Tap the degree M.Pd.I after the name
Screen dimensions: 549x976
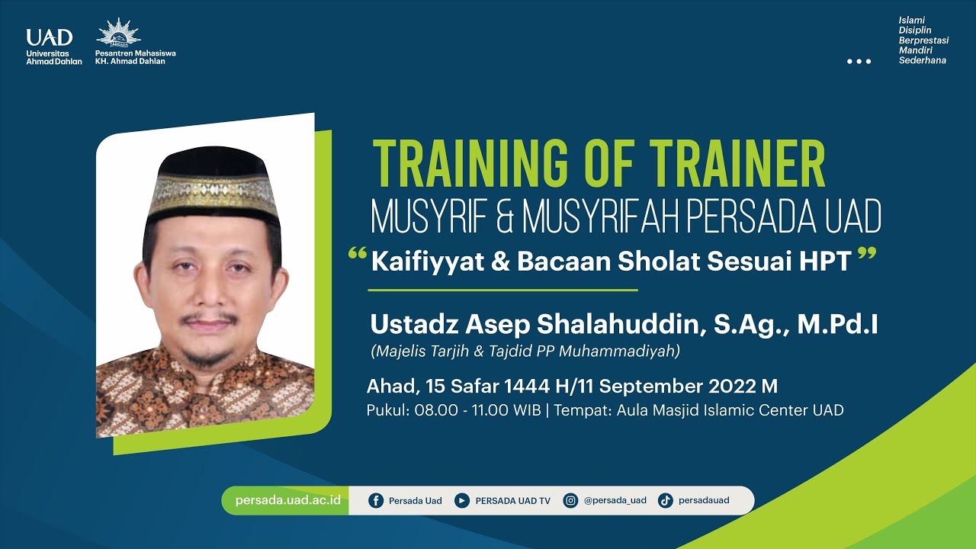click(x=837, y=324)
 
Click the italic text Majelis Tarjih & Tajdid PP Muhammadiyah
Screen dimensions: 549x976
click(x=525, y=352)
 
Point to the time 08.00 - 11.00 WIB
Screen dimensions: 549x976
click(x=477, y=410)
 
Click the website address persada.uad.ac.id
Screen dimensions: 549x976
click(x=287, y=501)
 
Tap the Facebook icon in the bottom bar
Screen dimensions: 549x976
click(x=376, y=501)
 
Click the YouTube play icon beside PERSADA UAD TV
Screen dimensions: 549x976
click(x=461, y=501)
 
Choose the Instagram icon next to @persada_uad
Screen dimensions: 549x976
click(x=570, y=501)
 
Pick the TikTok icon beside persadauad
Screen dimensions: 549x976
click(x=665, y=501)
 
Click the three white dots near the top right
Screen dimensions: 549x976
click(x=859, y=61)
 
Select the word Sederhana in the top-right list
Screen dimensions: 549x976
click(x=923, y=60)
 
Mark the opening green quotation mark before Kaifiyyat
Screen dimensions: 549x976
click(x=357, y=253)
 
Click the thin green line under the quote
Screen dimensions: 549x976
click(x=502, y=291)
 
